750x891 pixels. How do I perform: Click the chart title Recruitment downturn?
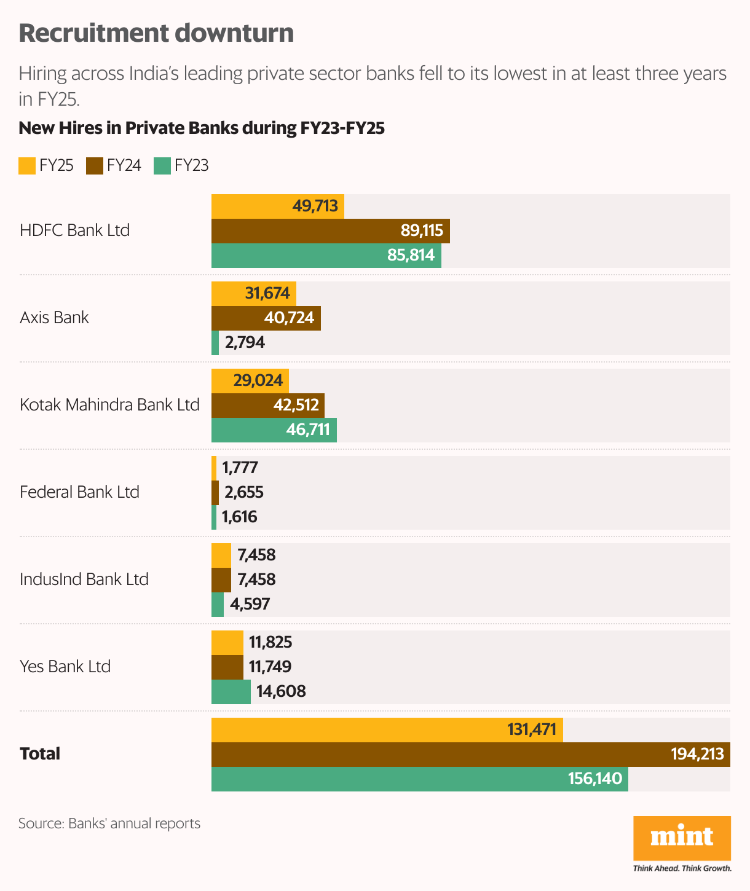(x=156, y=33)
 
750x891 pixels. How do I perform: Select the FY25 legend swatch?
(x=27, y=166)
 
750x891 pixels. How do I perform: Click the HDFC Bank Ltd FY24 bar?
(x=330, y=231)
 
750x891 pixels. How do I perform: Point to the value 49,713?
(x=315, y=206)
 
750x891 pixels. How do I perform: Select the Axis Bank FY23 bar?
(x=215, y=343)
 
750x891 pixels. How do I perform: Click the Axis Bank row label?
(x=54, y=318)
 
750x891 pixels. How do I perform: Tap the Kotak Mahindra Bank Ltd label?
(x=109, y=405)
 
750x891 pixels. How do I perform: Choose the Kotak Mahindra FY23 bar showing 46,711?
(x=274, y=430)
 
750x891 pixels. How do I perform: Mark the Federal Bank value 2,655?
(x=244, y=492)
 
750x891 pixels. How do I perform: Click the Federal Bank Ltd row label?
(x=79, y=492)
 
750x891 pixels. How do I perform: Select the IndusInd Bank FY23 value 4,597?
(x=250, y=604)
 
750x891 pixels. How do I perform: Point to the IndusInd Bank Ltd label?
(x=84, y=579)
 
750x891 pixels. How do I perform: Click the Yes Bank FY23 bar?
(x=231, y=692)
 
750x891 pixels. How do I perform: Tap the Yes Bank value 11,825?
(x=270, y=643)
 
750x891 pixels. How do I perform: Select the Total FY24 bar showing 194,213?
(x=470, y=755)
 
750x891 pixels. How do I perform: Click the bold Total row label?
(x=40, y=754)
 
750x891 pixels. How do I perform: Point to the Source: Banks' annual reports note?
(x=109, y=823)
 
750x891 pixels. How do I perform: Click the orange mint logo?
(x=682, y=838)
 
